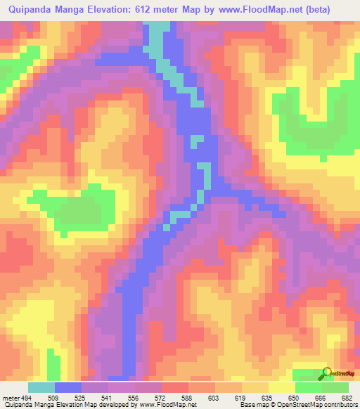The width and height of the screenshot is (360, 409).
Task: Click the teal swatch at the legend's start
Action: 41,387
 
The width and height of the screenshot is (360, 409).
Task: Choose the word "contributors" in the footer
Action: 337,405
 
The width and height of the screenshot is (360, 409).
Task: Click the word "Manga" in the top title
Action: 79,11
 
